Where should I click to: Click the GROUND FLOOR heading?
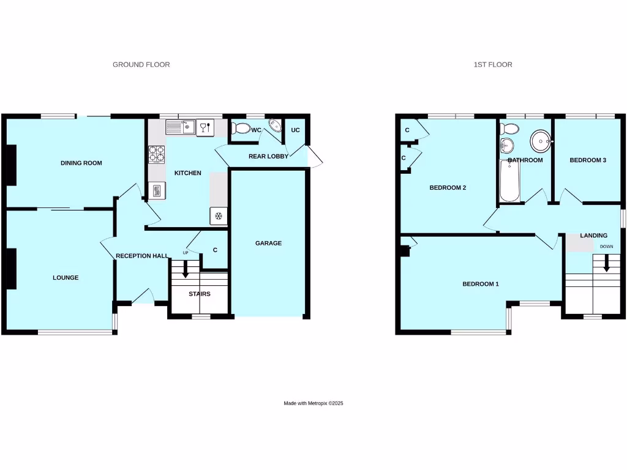click(141, 64)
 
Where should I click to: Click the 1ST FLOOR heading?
click(492, 64)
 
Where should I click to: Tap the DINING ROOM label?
click(81, 163)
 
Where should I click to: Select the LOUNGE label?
click(66, 277)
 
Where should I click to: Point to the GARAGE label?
click(268, 243)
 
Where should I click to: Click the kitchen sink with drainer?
click(180, 127)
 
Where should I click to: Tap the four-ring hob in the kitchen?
click(157, 154)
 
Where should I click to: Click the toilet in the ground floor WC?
click(241, 129)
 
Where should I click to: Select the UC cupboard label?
click(296, 130)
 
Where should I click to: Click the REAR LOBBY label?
click(268, 156)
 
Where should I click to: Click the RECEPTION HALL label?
click(141, 255)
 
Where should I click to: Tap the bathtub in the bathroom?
click(509, 182)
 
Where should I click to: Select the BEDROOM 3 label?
click(588, 160)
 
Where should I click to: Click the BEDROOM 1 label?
click(481, 284)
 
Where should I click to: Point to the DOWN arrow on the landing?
click(607, 264)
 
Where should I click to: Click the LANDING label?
click(594, 235)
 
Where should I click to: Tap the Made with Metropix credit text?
click(313, 403)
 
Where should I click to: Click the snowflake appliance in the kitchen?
click(218, 216)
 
